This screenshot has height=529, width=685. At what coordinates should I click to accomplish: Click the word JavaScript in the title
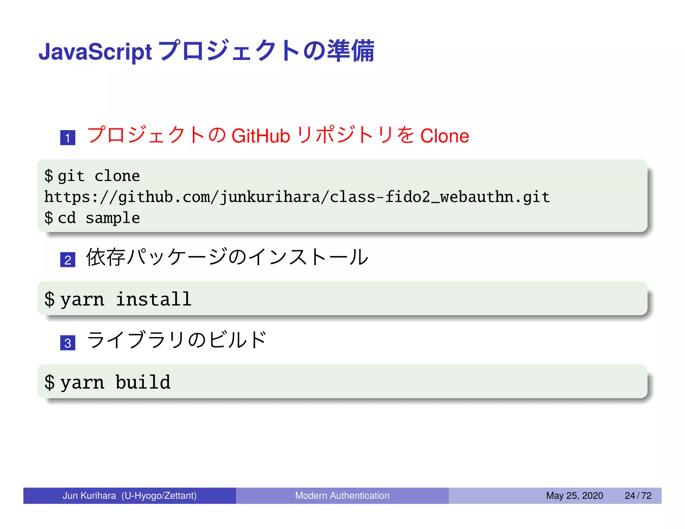pyautogui.click(x=95, y=52)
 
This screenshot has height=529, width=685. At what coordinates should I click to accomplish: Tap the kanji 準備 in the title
pyautogui.click(x=351, y=51)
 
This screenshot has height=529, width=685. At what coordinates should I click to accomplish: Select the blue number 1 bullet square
pyautogui.click(x=68, y=138)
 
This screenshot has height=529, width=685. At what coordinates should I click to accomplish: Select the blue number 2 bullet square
pyautogui.click(x=68, y=260)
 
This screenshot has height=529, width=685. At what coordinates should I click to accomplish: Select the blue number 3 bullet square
pyautogui.click(x=68, y=343)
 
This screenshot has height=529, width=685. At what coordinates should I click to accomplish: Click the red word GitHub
pyautogui.click(x=261, y=136)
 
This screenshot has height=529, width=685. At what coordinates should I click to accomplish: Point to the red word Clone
pyautogui.click(x=445, y=136)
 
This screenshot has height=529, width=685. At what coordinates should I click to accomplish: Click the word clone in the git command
pyautogui.click(x=117, y=176)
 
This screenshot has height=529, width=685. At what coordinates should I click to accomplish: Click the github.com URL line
pyautogui.click(x=297, y=197)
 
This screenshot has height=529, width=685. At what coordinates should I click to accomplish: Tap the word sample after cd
pyautogui.click(x=113, y=218)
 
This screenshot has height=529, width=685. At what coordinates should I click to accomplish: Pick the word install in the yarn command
pyautogui.click(x=154, y=299)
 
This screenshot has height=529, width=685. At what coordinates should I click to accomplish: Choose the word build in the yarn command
pyautogui.click(x=143, y=382)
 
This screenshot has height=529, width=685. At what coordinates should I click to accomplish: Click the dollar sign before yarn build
pyautogui.click(x=49, y=382)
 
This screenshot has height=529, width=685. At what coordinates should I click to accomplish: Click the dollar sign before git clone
pyautogui.click(x=49, y=176)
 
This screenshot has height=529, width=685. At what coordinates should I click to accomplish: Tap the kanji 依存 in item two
pyautogui.click(x=106, y=257)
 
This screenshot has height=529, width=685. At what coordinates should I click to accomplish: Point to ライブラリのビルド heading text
pyautogui.click(x=176, y=340)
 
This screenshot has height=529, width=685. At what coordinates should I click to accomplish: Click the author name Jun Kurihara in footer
pyautogui.click(x=89, y=496)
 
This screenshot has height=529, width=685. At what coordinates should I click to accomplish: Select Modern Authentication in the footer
pyautogui.click(x=342, y=496)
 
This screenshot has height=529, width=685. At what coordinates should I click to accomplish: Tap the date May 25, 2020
pyautogui.click(x=574, y=496)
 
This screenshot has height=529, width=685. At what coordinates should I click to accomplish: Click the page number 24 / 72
pyautogui.click(x=638, y=496)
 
